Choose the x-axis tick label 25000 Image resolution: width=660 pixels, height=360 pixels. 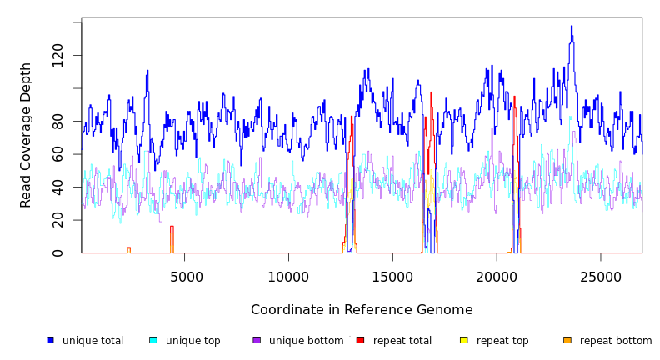pyautogui.click(x=601, y=276)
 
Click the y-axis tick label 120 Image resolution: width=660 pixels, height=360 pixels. pyautogui.click(x=57, y=56)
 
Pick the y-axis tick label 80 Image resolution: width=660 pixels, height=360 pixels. pyautogui.click(x=57, y=122)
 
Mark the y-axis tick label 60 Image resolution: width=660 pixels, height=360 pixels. pyautogui.click(x=57, y=154)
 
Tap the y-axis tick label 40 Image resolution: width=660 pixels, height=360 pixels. pyautogui.click(x=57, y=187)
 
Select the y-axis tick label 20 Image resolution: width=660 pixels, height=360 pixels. pyautogui.click(x=57, y=220)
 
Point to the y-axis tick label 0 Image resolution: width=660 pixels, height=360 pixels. pyautogui.click(x=57, y=252)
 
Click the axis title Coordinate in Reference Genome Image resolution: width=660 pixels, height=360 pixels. pyautogui.click(x=362, y=310)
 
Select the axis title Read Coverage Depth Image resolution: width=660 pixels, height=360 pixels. pyautogui.click(x=26, y=135)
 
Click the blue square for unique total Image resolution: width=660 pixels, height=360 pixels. pyautogui.click(x=51, y=340)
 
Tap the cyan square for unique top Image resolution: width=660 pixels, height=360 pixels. pyautogui.click(x=153, y=340)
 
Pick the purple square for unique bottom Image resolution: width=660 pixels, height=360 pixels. pyautogui.click(x=257, y=340)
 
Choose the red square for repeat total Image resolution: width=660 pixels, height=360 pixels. pyautogui.click(x=360, y=340)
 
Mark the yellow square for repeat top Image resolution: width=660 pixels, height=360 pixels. pyautogui.click(x=464, y=340)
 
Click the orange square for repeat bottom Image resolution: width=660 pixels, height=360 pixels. pyautogui.click(x=567, y=340)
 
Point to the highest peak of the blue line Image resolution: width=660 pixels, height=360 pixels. pyautogui.click(x=572, y=26)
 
